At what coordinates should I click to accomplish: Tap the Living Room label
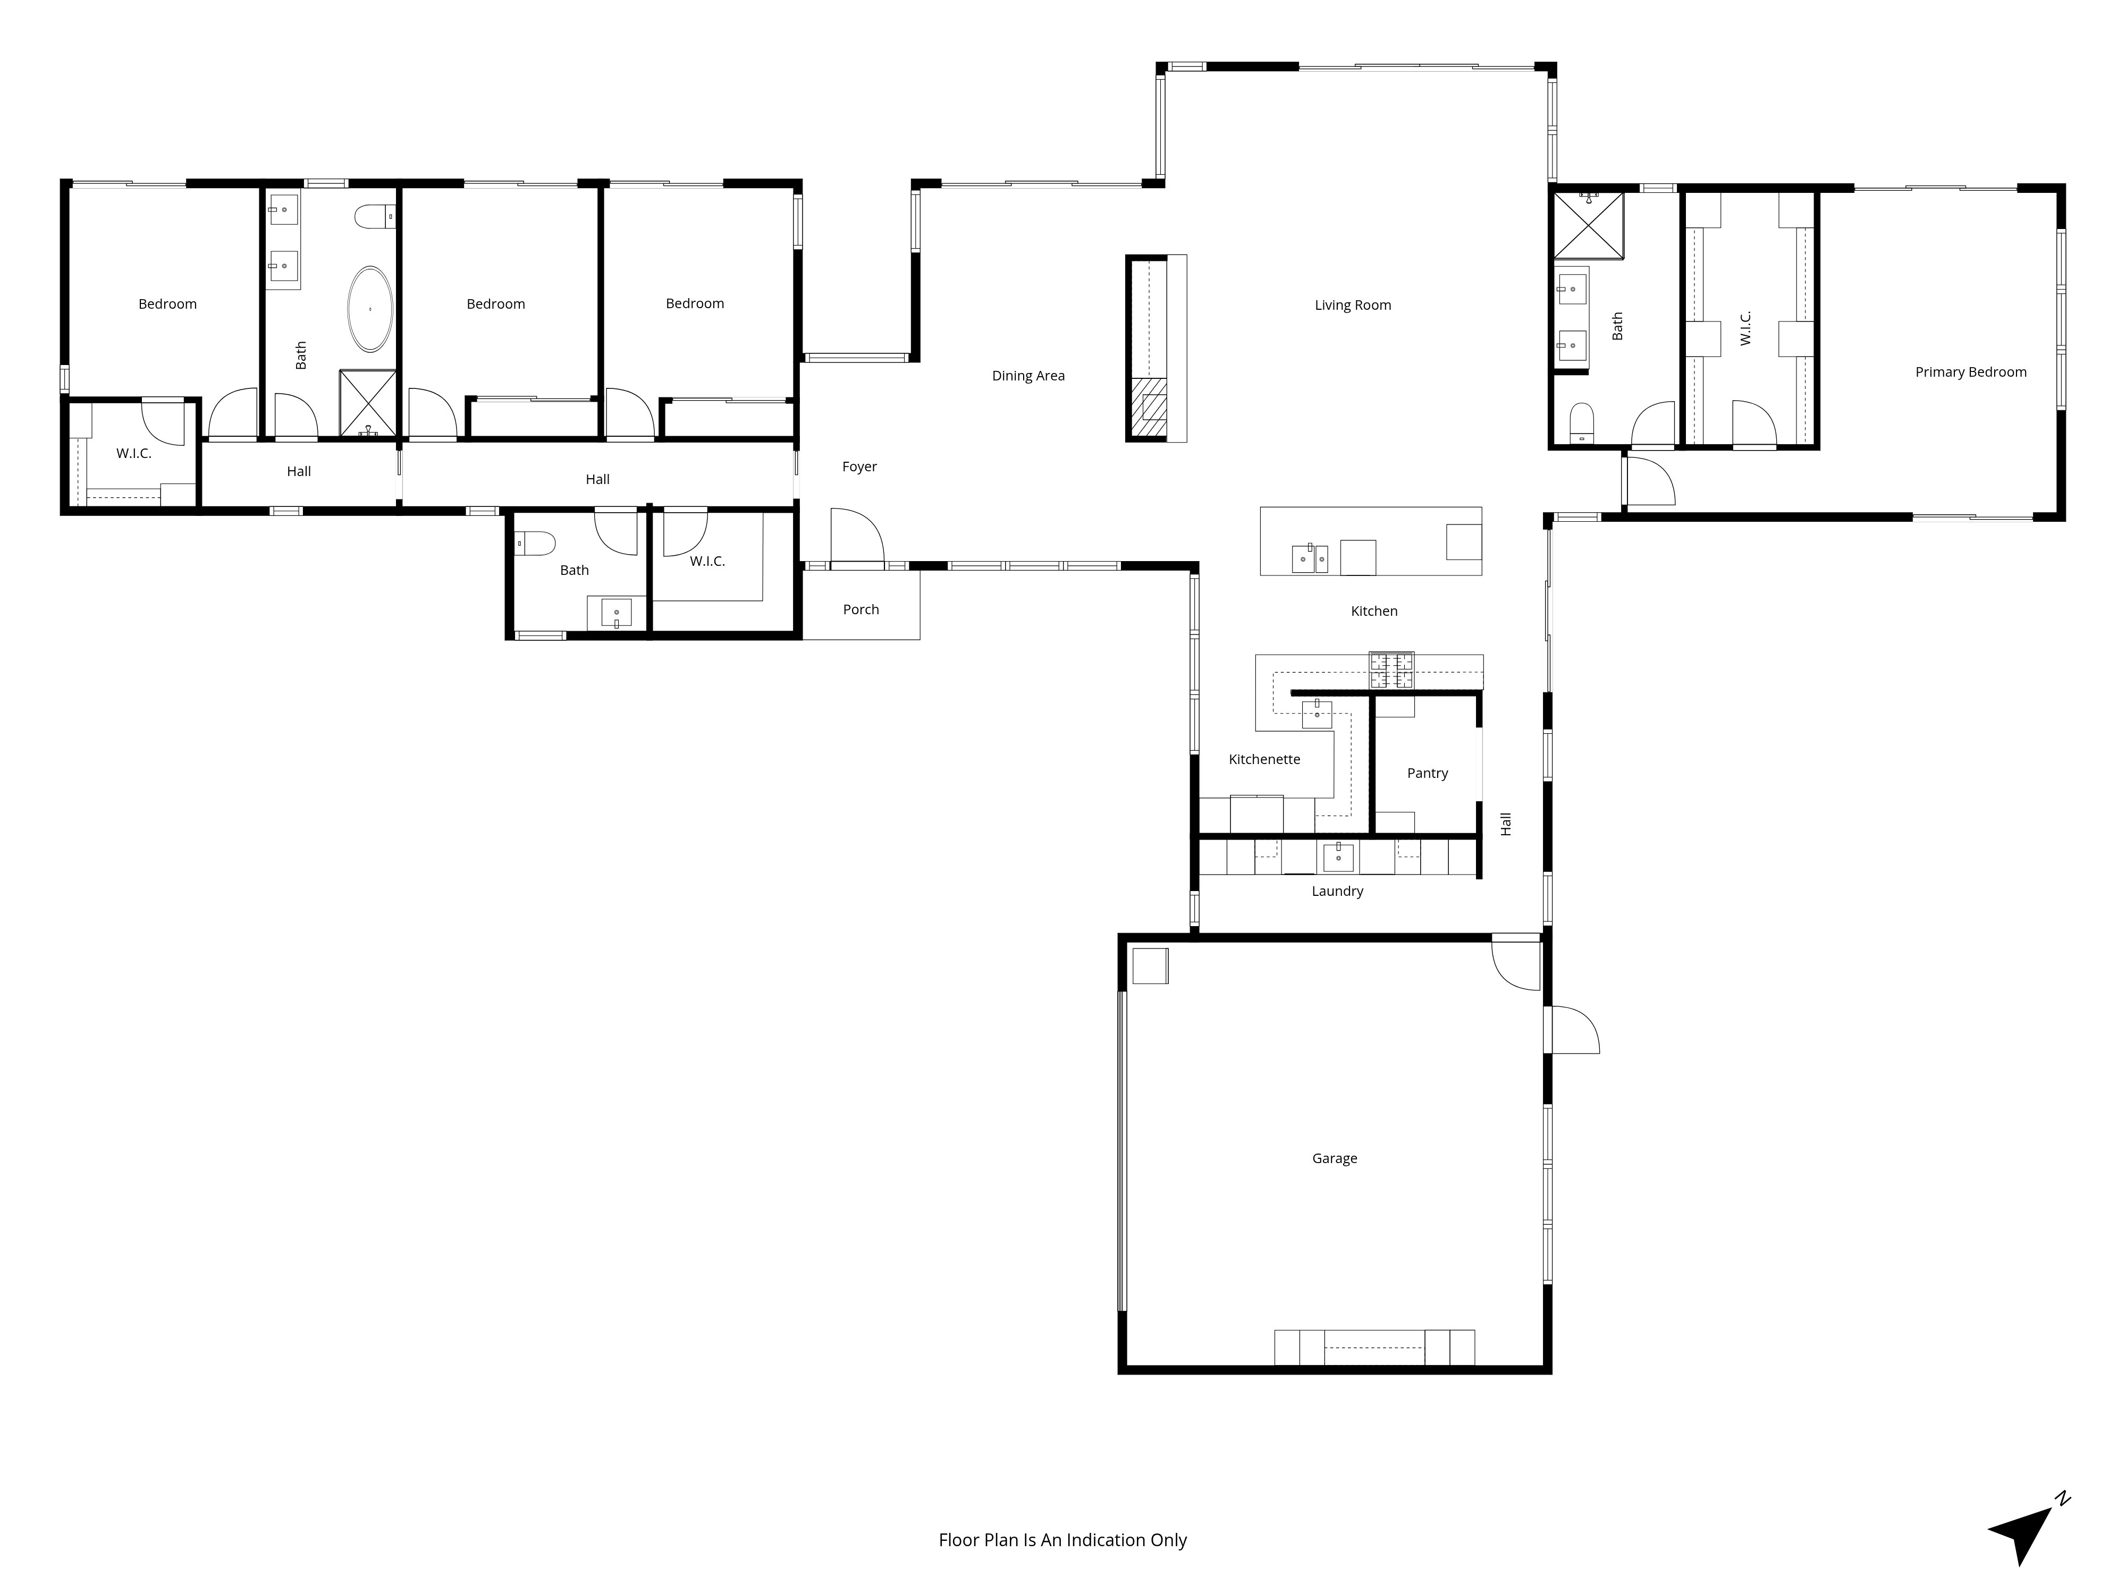tap(1352, 306)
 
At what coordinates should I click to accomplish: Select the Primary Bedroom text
tap(1970, 372)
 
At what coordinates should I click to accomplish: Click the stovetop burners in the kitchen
tap(1391, 669)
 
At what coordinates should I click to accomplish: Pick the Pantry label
tap(1427, 774)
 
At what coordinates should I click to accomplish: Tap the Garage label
tap(1334, 1159)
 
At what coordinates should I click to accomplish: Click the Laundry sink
tap(1338, 856)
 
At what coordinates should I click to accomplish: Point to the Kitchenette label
tap(1264, 760)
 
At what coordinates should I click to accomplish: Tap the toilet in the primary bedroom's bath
tap(1581, 423)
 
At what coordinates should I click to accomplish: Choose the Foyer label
tap(859, 467)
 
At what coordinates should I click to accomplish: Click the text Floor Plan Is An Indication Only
tap(1062, 1540)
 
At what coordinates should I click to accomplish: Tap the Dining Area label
tap(1027, 376)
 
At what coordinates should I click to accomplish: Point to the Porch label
tap(860, 609)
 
